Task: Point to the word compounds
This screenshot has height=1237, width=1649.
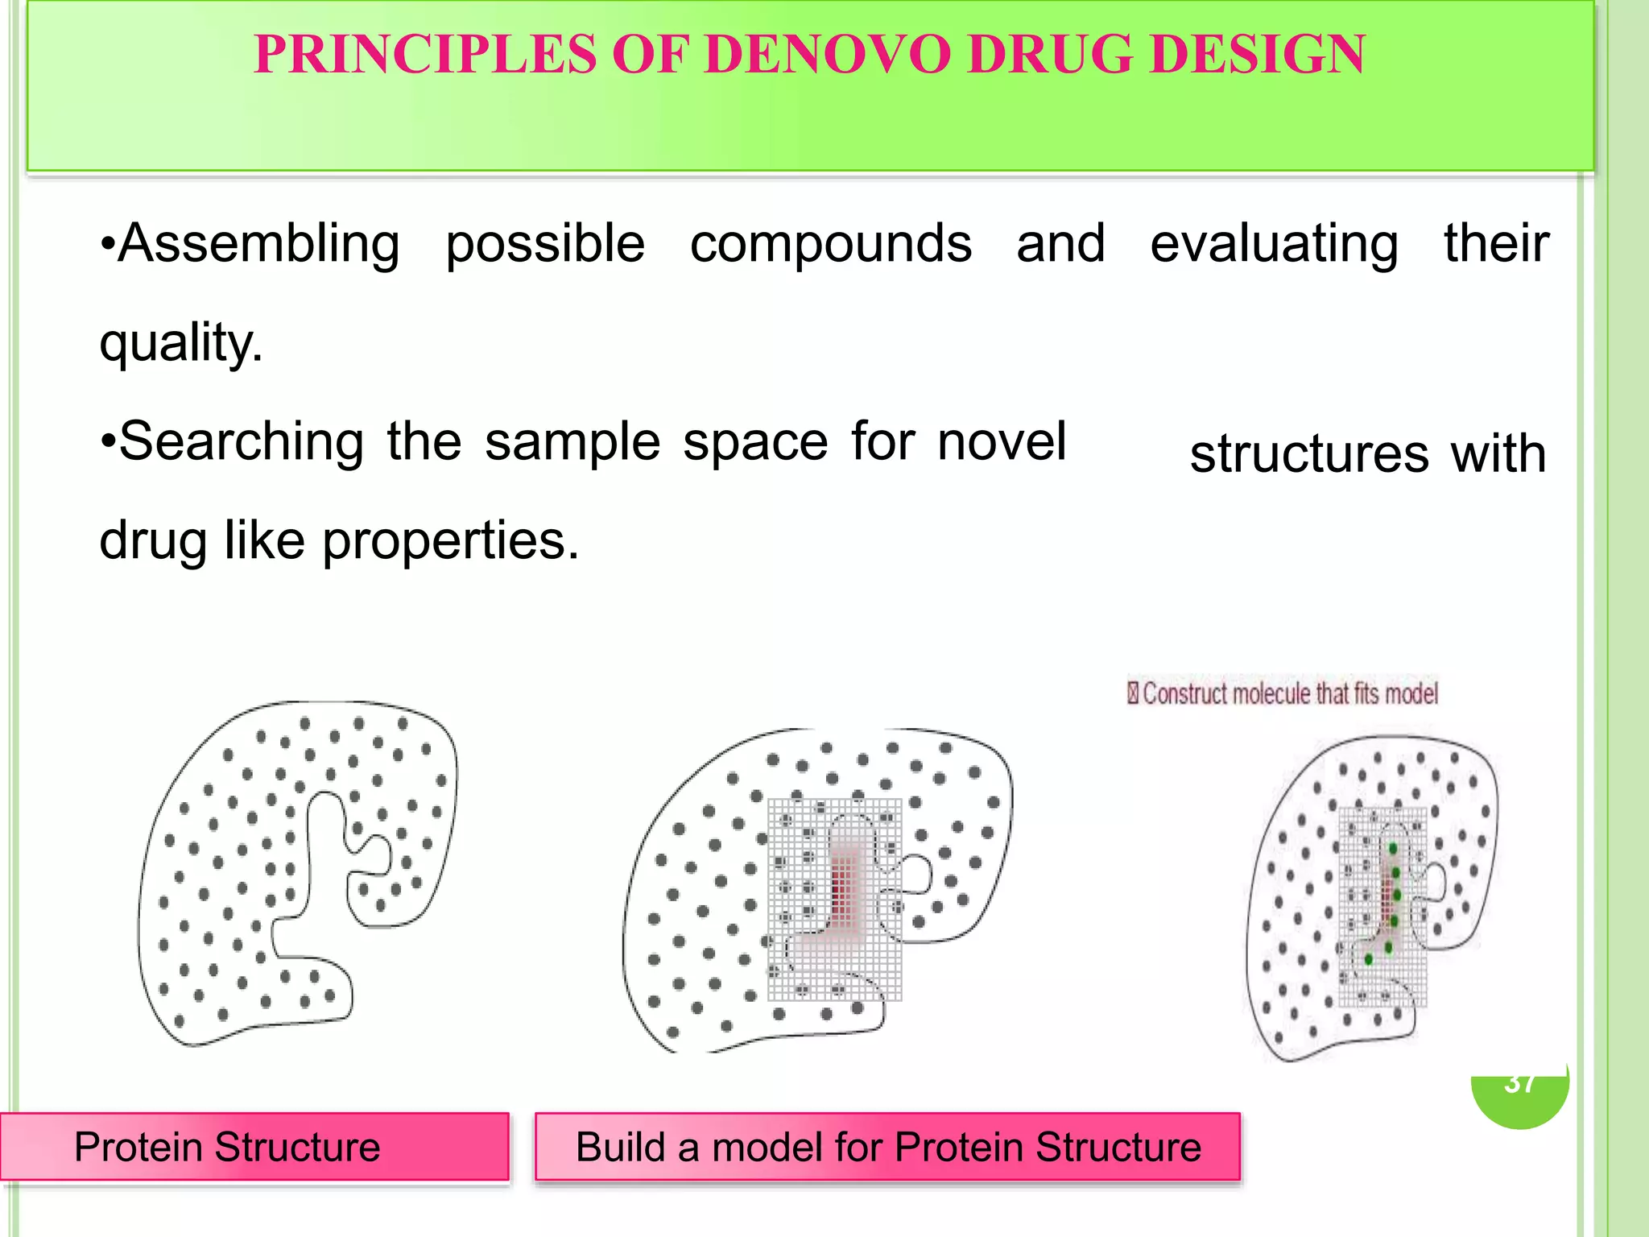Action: [830, 243]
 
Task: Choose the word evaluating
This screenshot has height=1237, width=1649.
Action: [1274, 243]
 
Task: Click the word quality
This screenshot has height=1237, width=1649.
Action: [181, 343]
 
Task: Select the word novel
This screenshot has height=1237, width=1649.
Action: [1002, 441]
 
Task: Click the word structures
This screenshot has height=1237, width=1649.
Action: [1309, 453]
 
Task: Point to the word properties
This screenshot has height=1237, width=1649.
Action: [450, 540]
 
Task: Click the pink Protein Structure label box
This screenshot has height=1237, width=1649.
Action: [254, 1147]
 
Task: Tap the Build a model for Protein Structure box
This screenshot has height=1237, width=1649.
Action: [887, 1147]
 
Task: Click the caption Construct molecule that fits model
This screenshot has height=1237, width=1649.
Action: [1288, 693]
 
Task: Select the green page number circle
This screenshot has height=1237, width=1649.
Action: [1519, 1099]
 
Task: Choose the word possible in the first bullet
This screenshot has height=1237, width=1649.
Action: [545, 243]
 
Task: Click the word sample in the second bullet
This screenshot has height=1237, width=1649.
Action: [572, 442]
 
